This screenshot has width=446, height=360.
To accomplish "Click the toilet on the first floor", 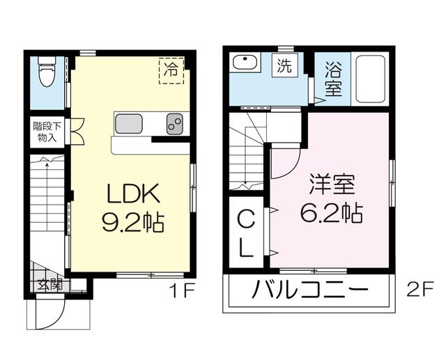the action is pos(47,71).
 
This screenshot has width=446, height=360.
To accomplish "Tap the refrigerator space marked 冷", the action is pos(171,71).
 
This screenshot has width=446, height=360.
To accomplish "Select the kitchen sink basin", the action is pos(128,124).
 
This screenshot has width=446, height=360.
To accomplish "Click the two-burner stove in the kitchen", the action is pos(175,124).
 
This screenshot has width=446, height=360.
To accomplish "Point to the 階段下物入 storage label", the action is pos(47,132).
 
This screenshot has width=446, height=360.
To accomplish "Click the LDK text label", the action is pos(132,193).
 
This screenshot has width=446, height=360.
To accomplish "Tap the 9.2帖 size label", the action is pos(133,222).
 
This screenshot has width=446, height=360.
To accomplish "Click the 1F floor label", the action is pos(182,290).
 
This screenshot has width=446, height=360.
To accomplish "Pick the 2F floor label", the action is pos(420,289).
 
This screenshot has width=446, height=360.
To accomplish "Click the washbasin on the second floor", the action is pos(245,62).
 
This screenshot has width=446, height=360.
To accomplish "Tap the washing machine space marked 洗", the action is pos(285,65).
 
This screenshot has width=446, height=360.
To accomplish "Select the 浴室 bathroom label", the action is pos(333,79).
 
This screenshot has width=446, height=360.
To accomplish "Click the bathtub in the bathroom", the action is pos(371,79).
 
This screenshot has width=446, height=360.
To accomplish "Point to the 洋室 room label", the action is pos(332,185).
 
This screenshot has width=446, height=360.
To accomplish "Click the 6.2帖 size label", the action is pos(332,212).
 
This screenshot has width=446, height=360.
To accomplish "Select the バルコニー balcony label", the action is pos(310,290).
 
